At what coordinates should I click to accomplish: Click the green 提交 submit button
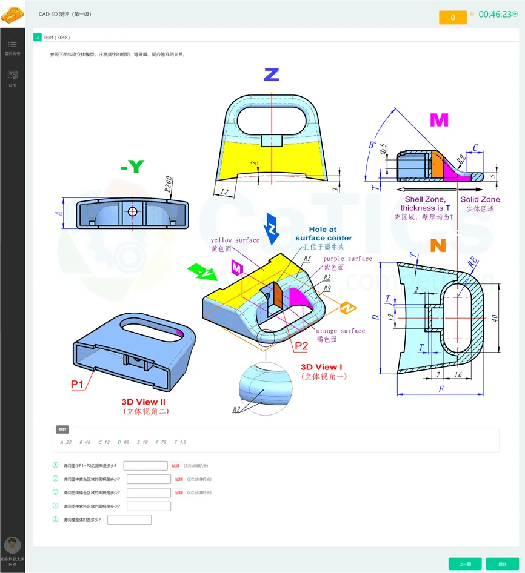(x=502, y=564)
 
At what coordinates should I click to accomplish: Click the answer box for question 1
(x=145, y=466)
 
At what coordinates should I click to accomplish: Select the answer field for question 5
(x=129, y=520)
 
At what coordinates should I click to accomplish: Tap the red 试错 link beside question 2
(x=178, y=479)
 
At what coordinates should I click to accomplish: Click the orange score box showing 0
(x=453, y=18)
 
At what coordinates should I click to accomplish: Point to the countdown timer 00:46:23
(x=495, y=14)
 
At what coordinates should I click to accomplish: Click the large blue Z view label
(x=271, y=75)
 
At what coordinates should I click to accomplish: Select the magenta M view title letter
(x=439, y=120)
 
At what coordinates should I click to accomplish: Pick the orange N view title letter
(x=438, y=246)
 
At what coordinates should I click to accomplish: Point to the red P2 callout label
(x=301, y=346)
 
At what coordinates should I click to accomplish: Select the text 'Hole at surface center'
(x=323, y=234)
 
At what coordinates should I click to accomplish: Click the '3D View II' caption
(x=143, y=402)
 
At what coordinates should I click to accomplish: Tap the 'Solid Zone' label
(x=480, y=199)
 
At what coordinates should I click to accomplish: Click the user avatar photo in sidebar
(x=12, y=545)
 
